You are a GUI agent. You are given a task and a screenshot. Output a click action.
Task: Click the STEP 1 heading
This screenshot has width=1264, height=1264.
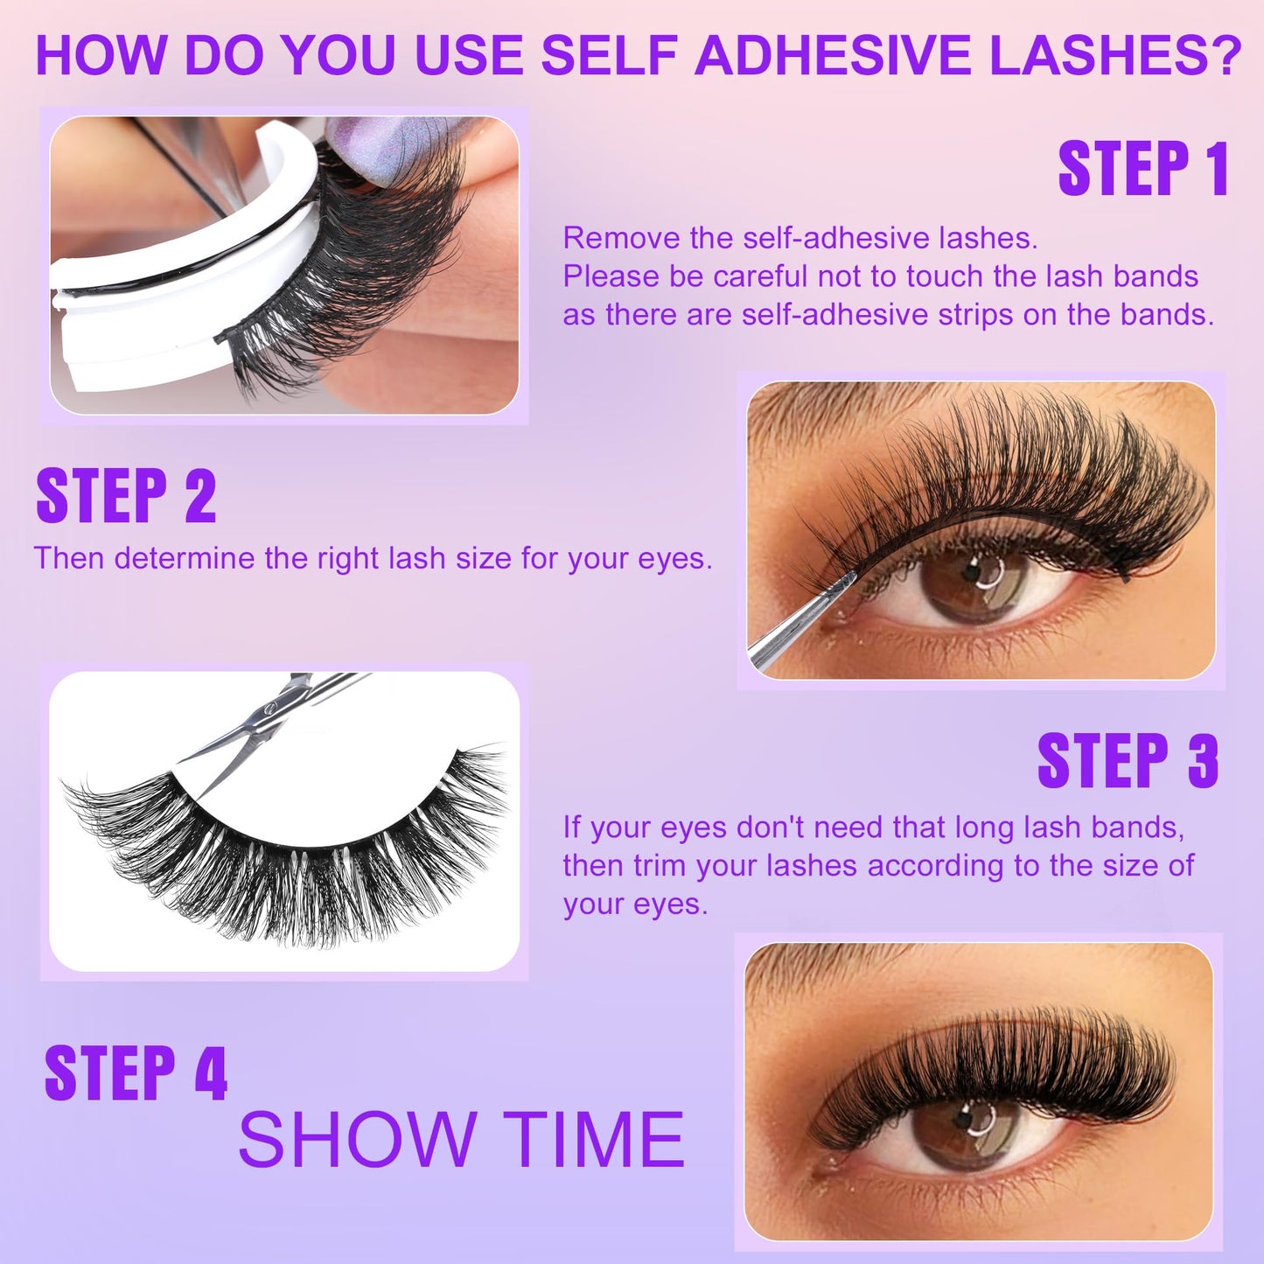coord(1143,169)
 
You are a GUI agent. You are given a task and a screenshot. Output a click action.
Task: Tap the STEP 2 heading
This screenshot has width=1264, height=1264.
coord(126,495)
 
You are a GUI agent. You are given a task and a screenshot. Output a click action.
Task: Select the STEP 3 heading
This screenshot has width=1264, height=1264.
coord(1128,761)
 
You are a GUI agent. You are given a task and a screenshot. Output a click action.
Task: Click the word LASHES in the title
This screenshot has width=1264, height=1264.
coord(1094,55)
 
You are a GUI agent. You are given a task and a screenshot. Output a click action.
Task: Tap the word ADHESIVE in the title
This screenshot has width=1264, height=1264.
coord(833,55)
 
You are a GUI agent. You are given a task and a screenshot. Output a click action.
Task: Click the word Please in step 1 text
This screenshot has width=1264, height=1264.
coord(611,276)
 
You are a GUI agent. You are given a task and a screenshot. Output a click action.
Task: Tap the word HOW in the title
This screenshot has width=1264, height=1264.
coord(101,55)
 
